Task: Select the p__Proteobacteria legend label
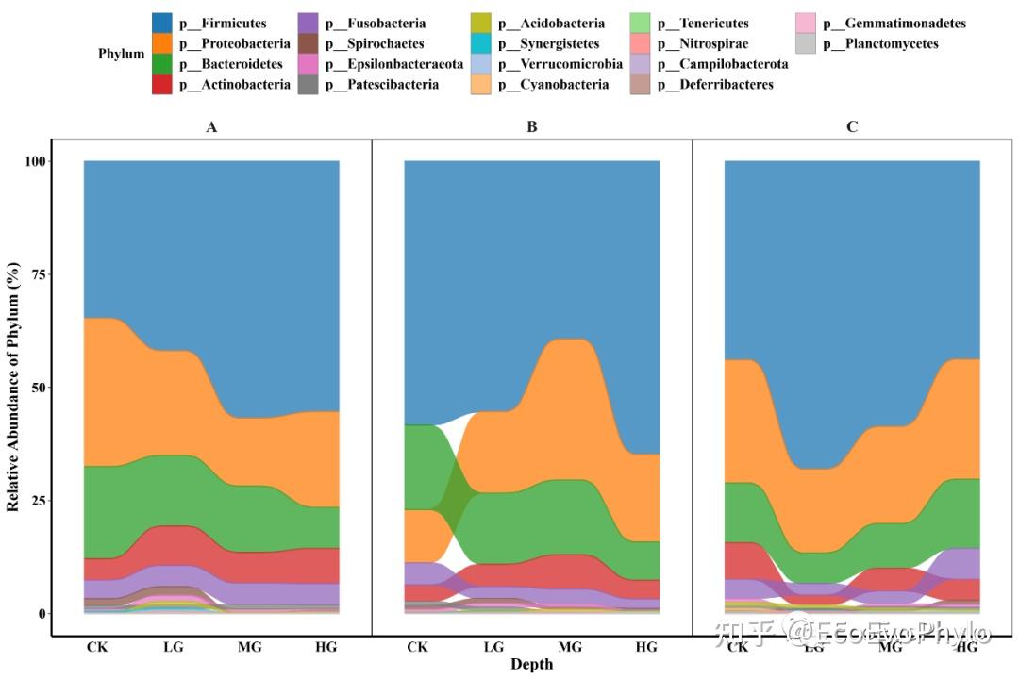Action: pos(235,43)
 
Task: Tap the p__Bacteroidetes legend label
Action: pos(231,64)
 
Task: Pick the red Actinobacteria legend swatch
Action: pos(162,85)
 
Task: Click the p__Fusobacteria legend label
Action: pos(375,24)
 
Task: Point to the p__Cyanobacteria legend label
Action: pos(553,85)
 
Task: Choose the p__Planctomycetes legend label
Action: pos(880,43)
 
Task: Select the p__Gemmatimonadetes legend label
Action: pos(894,24)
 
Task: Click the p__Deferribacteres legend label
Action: pos(715,85)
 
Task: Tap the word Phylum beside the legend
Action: pos(121,54)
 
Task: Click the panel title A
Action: pos(211,126)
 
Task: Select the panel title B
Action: pos(532,126)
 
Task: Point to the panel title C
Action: pos(852,126)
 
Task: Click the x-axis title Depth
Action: pos(532,664)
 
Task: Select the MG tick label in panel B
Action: pos(570,647)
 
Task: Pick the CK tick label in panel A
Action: pos(96,647)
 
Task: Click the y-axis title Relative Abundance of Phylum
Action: pos(13,388)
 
